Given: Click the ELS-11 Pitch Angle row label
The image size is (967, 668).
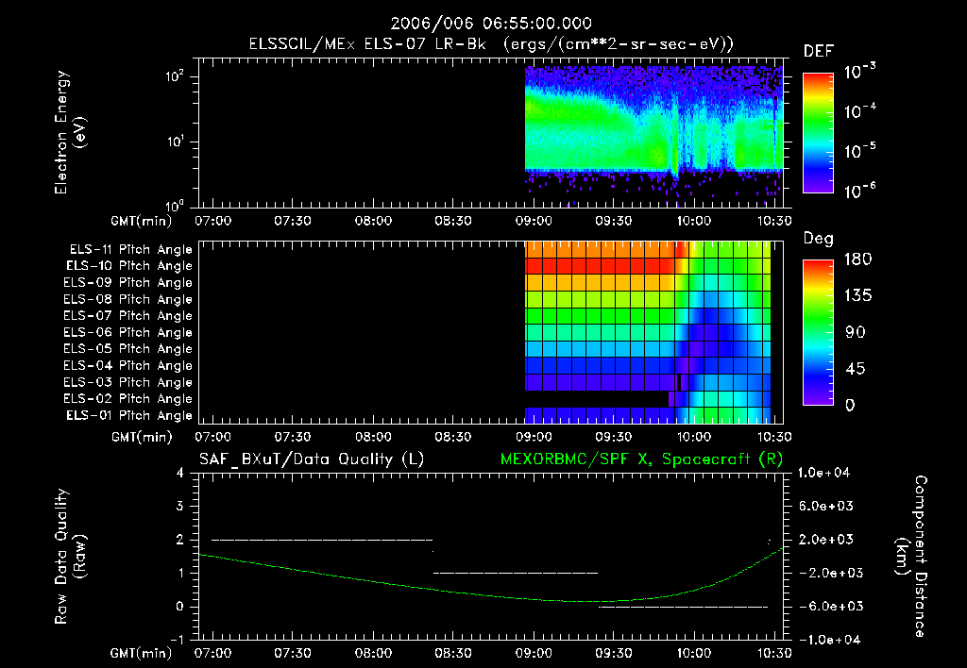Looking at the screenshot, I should coord(130,249).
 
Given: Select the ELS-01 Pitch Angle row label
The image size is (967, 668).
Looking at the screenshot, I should coord(130,415).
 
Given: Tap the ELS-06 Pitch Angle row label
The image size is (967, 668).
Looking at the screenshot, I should coord(130,332).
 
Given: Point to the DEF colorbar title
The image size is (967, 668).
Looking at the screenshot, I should coord(818,51).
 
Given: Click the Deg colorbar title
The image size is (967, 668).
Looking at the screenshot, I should coord(818,239).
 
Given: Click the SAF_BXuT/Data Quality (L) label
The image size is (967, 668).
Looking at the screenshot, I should coord(311,459).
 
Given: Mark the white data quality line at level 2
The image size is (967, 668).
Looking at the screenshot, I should coord(321,540).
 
